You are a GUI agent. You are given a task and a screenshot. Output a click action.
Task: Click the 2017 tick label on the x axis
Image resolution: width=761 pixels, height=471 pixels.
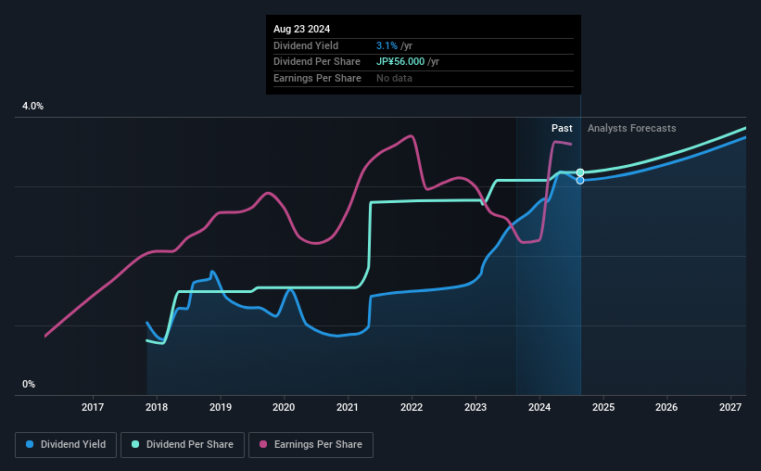click(x=93, y=407)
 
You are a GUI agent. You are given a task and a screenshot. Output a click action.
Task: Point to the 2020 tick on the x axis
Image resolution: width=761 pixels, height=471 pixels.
click(x=284, y=407)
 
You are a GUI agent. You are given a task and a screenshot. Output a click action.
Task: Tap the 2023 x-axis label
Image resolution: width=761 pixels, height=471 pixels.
click(x=476, y=407)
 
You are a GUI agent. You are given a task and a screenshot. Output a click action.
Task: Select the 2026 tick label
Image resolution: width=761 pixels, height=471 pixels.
click(x=666, y=407)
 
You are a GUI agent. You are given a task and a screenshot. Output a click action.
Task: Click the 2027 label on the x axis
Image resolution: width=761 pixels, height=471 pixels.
click(x=730, y=407)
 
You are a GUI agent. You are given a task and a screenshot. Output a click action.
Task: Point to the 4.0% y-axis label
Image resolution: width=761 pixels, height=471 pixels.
click(x=32, y=107)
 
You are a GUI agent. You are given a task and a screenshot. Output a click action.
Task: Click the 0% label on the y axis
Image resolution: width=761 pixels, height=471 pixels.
click(x=29, y=384)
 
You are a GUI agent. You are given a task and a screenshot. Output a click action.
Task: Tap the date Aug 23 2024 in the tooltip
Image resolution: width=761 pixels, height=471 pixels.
click(x=301, y=29)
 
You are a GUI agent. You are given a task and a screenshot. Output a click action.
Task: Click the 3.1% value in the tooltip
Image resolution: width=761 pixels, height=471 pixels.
click(x=386, y=45)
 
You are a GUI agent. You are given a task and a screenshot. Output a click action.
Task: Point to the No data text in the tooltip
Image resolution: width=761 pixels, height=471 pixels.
click(x=394, y=78)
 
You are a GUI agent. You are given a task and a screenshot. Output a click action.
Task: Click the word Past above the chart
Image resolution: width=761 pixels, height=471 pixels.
click(x=562, y=128)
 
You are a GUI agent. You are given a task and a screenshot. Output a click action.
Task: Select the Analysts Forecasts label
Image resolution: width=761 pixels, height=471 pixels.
click(x=632, y=128)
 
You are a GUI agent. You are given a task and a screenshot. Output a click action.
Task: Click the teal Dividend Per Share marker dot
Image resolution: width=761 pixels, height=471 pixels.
click(x=580, y=172)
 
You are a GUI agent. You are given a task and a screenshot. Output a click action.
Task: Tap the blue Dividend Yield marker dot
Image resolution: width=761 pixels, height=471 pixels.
click(x=580, y=180)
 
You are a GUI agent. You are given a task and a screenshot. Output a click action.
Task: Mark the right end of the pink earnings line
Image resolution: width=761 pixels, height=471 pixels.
click(x=571, y=144)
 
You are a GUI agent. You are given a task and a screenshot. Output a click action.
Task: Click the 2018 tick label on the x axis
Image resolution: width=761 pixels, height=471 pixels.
click(x=157, y=407)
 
